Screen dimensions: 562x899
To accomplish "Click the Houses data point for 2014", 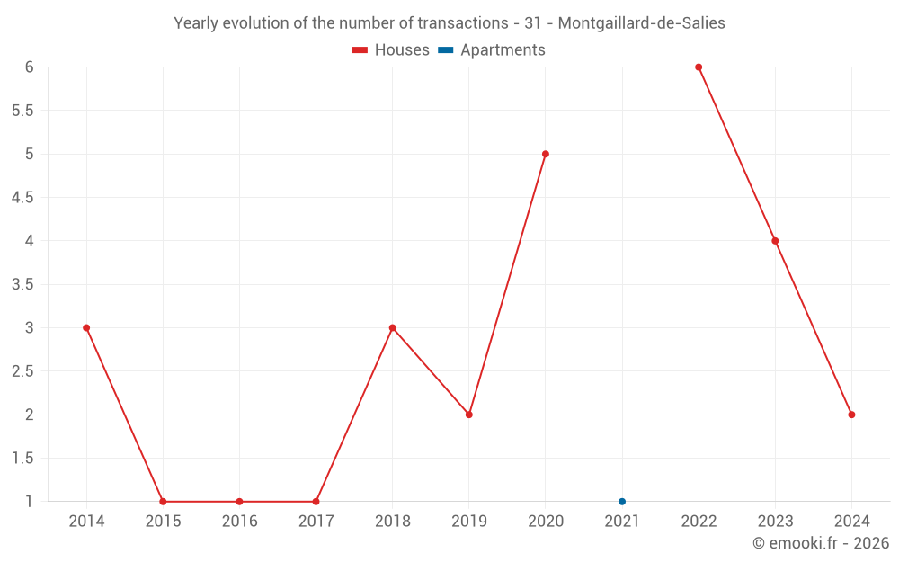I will click(86, 327).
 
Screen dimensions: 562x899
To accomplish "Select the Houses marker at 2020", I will click(546, 154).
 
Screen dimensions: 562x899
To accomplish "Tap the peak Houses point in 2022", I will click(699, 67).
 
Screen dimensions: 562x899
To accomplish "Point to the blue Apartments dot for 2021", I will click(622, 502).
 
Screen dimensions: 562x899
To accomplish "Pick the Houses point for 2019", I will click(469, 415).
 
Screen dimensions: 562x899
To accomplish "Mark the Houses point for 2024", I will click(851, 415).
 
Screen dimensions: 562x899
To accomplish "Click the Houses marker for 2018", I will click(393, 327).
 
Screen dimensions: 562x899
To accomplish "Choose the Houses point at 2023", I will click(775, 241).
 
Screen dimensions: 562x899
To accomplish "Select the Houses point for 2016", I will click(239, 502).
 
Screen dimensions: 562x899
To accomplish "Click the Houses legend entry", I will click(391, 50).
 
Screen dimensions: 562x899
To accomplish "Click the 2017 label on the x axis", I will click(316, 522).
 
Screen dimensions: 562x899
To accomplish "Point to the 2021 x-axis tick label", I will click(622, 522).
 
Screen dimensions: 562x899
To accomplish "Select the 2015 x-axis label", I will click(163, 522).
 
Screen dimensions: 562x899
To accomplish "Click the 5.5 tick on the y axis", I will click(22, 111).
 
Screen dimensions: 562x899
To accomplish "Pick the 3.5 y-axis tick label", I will click(22, 284).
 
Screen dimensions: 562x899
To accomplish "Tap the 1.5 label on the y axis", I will click(22, 459).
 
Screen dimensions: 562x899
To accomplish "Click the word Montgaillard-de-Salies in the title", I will click(642, 23).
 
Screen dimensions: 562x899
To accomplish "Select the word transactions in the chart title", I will click(458, 23).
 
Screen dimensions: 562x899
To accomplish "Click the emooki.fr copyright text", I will click(821, 543).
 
